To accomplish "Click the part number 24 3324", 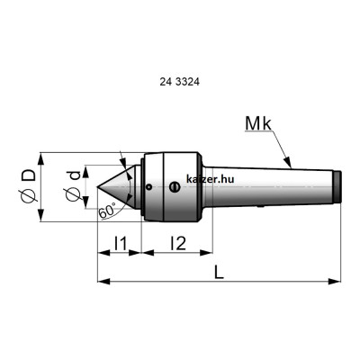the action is pyautogui.click(x=179, y=82).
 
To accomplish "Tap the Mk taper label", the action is pyautogui.click(x=258, y=123).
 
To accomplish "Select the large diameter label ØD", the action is pyautogui.click(x=30, y=187).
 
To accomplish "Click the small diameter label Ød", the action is pyautogui.click(x=73, y=186).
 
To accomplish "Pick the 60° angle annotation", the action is pyautogui.click(x=107, y=211).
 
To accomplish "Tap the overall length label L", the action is pyautogui.click(x=220, y=273).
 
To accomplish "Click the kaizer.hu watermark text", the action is pyautogui.click(x=210, y=179).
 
